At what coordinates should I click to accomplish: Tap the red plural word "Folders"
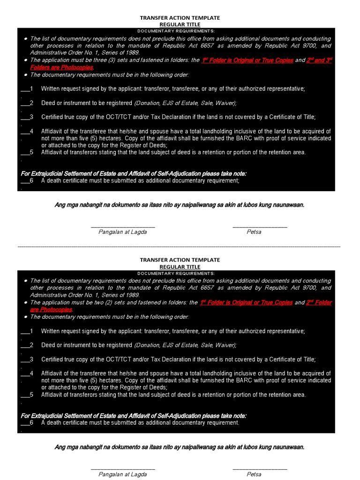pos(41,67)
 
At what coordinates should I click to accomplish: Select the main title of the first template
pos(180,18)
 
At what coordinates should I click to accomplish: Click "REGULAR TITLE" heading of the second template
pos(180,267)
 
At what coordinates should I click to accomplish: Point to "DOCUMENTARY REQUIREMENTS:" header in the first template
pos(176,30)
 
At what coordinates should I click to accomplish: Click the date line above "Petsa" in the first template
pos(260,226)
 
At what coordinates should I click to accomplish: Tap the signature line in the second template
pos(122,469)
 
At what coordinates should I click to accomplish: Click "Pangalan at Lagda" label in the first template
pos(122,232)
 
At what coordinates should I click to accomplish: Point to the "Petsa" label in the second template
pos(254,474)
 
